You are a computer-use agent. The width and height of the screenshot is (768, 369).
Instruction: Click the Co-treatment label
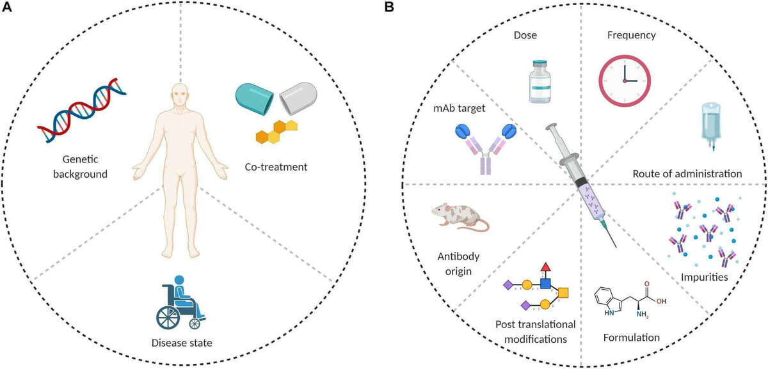(276, 167)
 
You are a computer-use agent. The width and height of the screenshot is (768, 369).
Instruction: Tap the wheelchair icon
(181, 302)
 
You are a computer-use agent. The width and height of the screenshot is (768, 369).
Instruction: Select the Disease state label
(182, 343)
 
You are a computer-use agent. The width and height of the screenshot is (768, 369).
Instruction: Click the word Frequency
(631, 35)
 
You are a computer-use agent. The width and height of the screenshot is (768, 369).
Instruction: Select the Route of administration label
(687, 173)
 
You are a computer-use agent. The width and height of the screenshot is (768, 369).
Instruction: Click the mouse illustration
(459, 217)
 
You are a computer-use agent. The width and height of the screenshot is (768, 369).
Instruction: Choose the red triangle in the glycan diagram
(545, 266)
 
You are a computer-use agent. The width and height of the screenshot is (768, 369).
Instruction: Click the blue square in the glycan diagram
(545, 283)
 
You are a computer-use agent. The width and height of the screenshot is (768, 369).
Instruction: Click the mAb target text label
(459, 108)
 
